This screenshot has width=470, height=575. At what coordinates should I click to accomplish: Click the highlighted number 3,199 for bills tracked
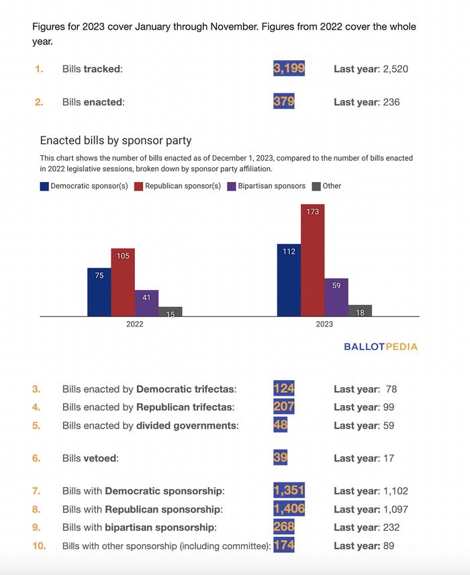(x=289, y=69)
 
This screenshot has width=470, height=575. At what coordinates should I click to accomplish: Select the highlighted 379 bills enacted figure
(x=284, y=102)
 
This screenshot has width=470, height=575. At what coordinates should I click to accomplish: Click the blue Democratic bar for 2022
(x=99, y=292)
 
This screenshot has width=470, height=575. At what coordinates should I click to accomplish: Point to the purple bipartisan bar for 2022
(x=146, y=303)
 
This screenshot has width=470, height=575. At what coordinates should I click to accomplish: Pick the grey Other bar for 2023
(x=360, y=310)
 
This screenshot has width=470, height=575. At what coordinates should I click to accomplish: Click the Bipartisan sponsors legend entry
(x=267, y=186)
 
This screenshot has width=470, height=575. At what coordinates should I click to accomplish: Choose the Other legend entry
(x=327, y=186)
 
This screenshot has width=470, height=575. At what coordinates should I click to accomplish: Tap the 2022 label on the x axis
(x=134, y=324)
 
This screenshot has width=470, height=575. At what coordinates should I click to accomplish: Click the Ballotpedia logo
(x=380, y=347)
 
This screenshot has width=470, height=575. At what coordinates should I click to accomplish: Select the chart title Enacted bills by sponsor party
(x=115, y=140)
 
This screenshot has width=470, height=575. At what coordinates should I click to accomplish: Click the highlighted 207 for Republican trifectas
(x=284, y=407)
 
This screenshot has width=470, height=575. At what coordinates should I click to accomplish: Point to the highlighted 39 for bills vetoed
(x=281, y=458)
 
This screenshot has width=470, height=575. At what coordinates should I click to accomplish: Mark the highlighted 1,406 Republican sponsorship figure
(x=289, y=509)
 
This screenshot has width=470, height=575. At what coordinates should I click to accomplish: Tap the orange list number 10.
(x=39, y=545)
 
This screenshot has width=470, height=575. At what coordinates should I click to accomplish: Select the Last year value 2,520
(x=395, y=69)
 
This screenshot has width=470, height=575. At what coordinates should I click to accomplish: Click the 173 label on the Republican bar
(x=312, y=212)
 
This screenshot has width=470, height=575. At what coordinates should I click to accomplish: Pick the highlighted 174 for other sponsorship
(x=284, y=545)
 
